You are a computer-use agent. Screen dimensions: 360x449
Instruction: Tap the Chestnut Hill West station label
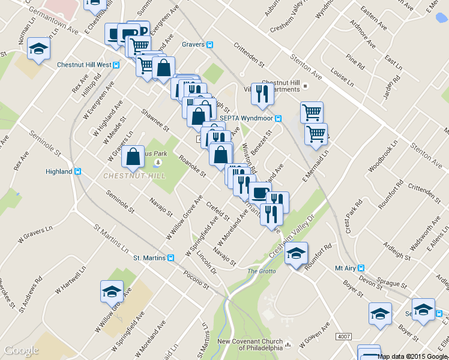[84, 64]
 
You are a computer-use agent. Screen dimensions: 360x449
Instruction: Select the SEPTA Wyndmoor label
[247, 118]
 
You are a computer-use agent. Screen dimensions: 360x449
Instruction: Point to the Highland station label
[59, 172]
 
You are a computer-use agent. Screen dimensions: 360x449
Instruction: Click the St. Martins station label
[149, 258]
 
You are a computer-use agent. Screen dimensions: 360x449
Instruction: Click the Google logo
[22, 350]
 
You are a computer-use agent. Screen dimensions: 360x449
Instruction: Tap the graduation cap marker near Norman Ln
[39, 49]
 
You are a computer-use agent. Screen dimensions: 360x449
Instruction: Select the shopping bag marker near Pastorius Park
[133, 157]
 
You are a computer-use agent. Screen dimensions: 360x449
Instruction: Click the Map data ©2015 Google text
[412, 356]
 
